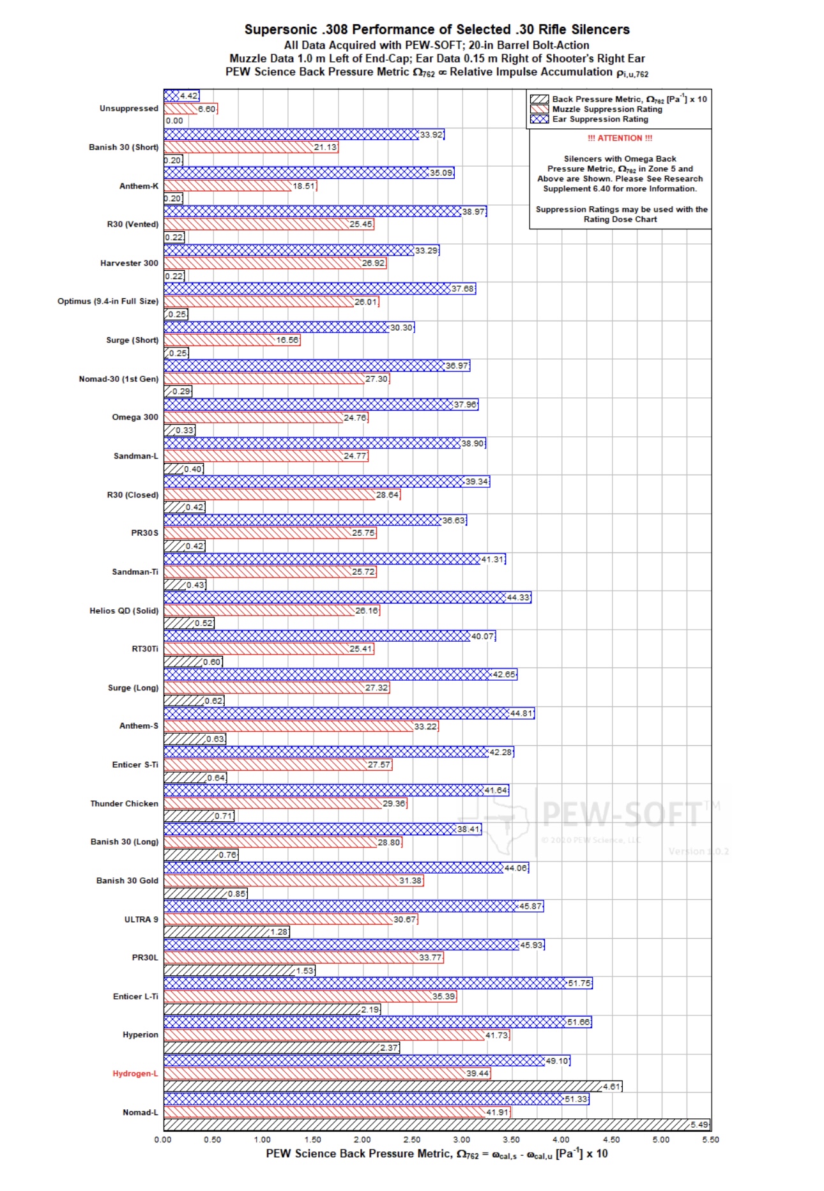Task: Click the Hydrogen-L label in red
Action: (135, 1073)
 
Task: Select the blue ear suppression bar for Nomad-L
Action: (364, 1099)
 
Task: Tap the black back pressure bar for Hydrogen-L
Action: (383, 1086)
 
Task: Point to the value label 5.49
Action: (699, 1125)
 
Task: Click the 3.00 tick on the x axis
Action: (461, 1140)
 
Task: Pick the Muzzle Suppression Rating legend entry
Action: (607, 109)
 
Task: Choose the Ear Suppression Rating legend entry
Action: (600, 119)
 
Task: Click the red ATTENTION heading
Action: (620, 138)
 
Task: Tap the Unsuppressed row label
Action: (128, 109)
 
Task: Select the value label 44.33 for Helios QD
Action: (518, 598)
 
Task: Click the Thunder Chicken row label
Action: (124, 803)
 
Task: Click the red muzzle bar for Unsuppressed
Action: (181, 109)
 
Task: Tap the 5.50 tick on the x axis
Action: (710, 1140)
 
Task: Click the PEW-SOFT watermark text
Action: (623, 814)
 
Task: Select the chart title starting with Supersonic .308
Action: (437, 29)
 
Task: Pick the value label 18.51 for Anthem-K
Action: (304, 186)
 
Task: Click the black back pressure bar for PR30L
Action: (230, 971)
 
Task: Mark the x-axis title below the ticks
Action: (437, 1154)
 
